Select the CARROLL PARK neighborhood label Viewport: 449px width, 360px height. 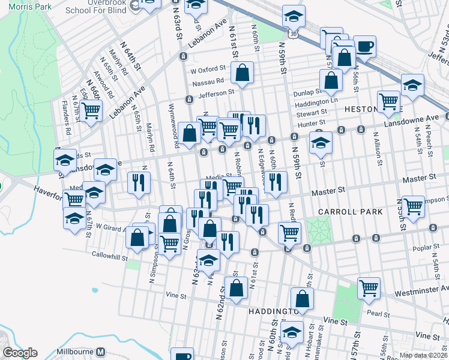tap(342, 212)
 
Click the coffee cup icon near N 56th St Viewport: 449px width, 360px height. tap(364, 46)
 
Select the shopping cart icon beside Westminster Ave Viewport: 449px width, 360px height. tap(368, 287)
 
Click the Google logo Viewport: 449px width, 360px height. tap(20, 352)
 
